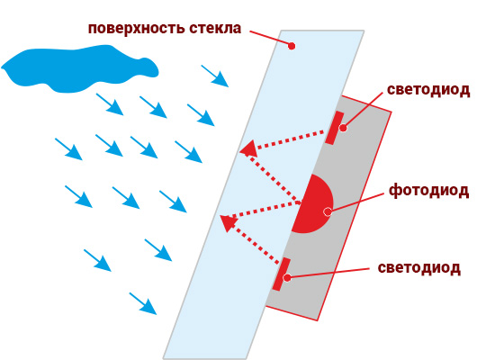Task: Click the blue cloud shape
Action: [x=79, y=68]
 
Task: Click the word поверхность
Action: [x=136, y=28]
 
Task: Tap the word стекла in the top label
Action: [x=215, y=28]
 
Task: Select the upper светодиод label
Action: [x=428, y=90]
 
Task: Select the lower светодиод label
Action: [x=418, y=268]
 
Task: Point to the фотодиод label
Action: [x=428, y=191]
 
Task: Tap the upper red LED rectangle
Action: [x=334, y=128]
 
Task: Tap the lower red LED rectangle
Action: [x=282, y=274]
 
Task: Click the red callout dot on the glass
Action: [x=292, y=46]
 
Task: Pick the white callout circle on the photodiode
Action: [x=328, y=211]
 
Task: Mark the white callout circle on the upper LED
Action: [x=343, y=128]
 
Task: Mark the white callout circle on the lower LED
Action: [x=287, y=277]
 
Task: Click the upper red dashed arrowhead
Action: [x=248, y=148]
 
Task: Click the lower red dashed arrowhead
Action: [x=229, y=222]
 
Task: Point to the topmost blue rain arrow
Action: [x=215, y=76]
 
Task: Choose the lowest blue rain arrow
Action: [x=143, y=303]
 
